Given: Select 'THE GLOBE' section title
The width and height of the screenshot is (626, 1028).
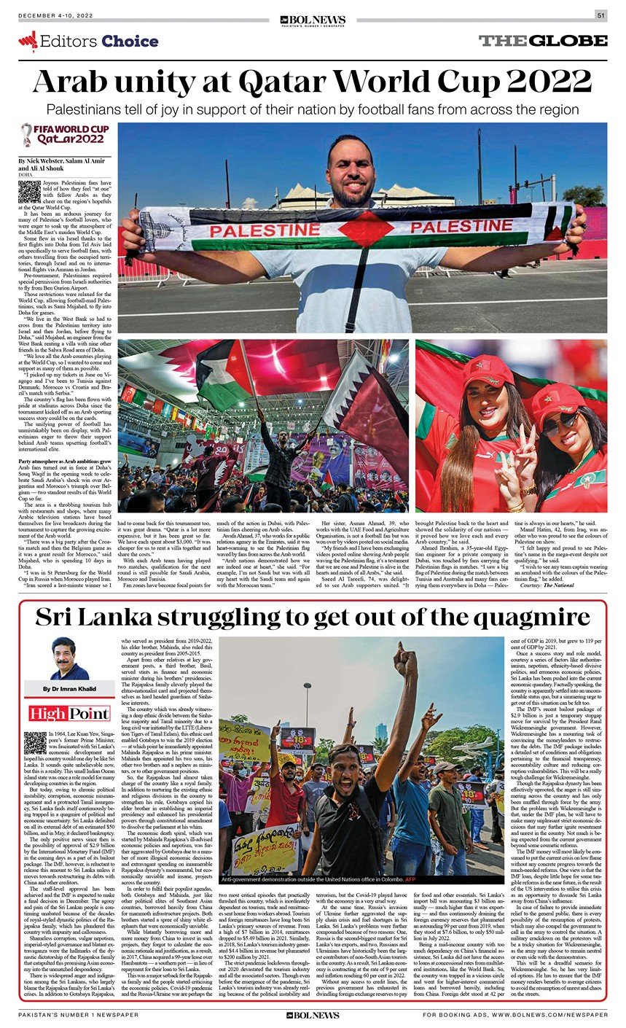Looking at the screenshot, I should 542,41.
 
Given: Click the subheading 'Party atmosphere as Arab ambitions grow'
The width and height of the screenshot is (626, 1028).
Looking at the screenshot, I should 65,462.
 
